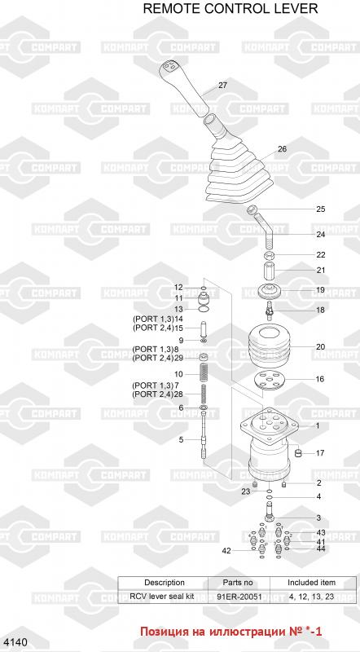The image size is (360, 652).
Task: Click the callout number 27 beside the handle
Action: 223,86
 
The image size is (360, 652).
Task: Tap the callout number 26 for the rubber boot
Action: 283,149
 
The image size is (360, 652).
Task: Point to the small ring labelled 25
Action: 252,209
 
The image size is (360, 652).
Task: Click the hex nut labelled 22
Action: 270,254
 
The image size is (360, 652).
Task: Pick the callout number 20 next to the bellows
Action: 321,347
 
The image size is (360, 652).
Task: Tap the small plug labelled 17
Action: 297,453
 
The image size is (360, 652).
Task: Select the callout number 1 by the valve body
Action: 318,425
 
